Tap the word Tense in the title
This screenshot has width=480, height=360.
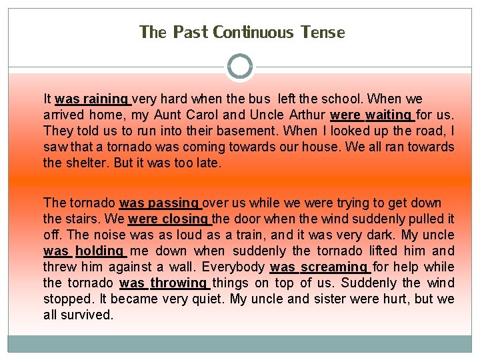[x=323, y=32]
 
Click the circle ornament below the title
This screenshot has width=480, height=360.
[x=240, y=67]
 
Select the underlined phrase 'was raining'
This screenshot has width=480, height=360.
[x=92, y=99]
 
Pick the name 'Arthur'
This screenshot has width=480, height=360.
[x=303, y=115]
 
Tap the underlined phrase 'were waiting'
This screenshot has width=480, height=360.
[x=371, y=115]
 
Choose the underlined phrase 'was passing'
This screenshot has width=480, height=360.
[x=159, y=203]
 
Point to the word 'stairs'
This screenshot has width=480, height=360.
[x=83, y=219]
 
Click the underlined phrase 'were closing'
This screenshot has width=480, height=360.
[x=169, y=219]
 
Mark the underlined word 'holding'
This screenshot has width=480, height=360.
[x=101, y=251]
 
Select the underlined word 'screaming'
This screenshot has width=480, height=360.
[x=335, y=267]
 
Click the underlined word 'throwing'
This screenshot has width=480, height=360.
[x=178, y=283]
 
